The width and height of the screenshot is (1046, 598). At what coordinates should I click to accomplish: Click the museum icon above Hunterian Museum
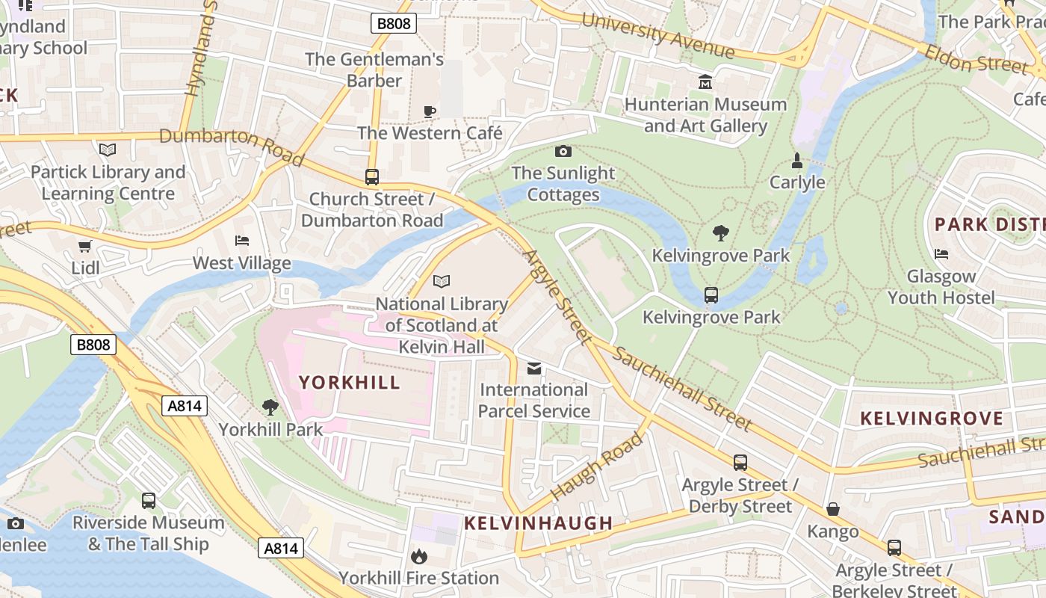pyautogui.click(x=705, y=81)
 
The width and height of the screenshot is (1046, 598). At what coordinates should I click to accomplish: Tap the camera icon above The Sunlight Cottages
pyautogui.click(x=563, y=152)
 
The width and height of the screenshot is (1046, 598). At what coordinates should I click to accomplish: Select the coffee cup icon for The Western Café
pyautogui.click(x=430, y=111)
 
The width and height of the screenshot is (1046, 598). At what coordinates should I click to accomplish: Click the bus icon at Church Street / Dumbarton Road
pyautogui.click(x=371, y=177)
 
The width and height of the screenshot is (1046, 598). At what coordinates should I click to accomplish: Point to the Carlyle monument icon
pyautogui.click(x=797, y=160)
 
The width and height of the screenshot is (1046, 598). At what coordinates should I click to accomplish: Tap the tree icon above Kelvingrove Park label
pyautogui.click(x=720, y=233)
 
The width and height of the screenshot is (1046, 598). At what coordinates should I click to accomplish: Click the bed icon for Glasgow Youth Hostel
pyautogui.click(x=941, y=254)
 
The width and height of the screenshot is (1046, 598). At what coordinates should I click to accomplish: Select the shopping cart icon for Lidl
pyautogui.click(x=85, y=246)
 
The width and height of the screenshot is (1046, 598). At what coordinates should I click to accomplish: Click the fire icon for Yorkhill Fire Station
pyautogui.click(x=418, y=556)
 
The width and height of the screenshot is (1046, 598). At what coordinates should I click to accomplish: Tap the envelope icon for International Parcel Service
pyautogui.click(x=534, y=368)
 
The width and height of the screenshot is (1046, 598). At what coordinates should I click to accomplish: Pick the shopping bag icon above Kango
pyautogui.click(x=833, y=509)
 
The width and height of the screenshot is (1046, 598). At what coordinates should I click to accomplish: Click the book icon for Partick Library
pyautogui.click(x=108, y=149)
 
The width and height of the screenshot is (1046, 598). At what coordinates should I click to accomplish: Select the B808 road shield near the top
pyautogui.click(x=393, y=24)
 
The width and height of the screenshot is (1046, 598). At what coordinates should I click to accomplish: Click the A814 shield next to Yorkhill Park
pyautogui.click(x=185, y=406)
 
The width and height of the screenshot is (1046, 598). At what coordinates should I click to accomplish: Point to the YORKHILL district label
pyautogui.click(x=350, y=383)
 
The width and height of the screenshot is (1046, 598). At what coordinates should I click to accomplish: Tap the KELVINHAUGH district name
pyautogui.click(x=539, y=523)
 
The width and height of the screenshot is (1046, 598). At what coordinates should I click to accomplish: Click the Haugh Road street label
pyautogui.click(x=596, y=467)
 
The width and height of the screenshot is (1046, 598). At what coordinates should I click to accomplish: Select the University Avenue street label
pyautogui.click(x=657, y=36)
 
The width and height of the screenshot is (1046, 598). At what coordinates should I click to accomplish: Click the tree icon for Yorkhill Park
pyautogui.click(x=270, y=407)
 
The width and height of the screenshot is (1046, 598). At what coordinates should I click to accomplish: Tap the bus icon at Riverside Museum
pyautogui.click(x=149, y=501)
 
